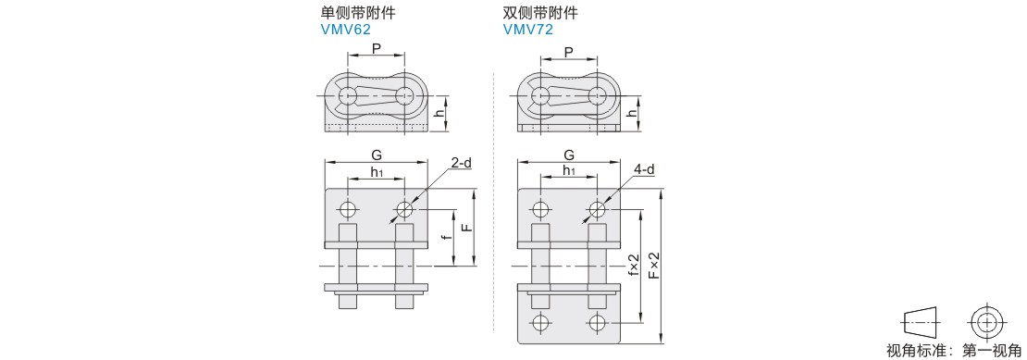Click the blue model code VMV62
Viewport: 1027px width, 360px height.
346,29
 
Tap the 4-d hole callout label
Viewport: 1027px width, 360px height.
644,169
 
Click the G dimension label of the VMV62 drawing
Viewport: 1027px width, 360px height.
376,155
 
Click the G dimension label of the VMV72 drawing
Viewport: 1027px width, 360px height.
569,155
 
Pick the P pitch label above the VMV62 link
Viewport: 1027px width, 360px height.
376,49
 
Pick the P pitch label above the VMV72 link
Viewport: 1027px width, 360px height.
568,52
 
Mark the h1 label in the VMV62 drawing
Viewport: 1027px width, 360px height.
377,171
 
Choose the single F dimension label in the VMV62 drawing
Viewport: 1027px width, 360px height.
465,227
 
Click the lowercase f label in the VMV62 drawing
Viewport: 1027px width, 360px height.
447,240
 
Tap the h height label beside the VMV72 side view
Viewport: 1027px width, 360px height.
631,113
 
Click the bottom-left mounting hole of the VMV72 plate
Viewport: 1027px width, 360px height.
540,323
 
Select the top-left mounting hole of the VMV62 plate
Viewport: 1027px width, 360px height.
348,210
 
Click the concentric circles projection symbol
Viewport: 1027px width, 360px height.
985,323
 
